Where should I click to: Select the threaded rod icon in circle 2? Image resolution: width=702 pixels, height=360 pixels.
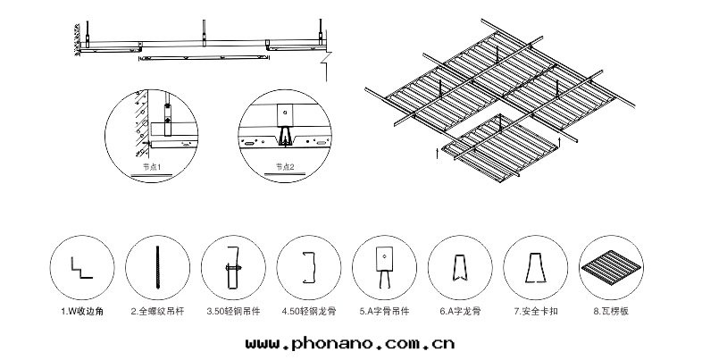point(159,265)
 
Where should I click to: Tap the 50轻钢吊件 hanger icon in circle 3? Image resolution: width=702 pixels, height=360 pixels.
point(234,266)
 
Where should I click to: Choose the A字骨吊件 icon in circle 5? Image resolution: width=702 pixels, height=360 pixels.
point(385,265)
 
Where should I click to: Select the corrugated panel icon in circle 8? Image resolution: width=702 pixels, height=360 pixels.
point(610,266)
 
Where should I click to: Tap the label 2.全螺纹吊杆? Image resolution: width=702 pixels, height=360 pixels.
point(159,312)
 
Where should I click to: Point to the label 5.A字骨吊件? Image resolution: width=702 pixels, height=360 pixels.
point(385,312)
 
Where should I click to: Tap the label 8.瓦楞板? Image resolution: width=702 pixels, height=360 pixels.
point(610,312)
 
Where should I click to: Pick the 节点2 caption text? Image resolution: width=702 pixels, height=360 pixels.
point(286,166)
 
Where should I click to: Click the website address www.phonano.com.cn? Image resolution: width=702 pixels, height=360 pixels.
point(348,340)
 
